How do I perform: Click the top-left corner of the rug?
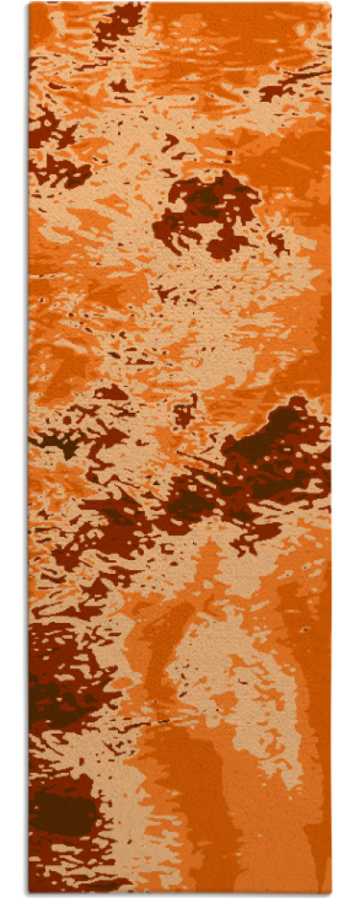pos(29,4)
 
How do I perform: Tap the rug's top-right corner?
pos(330,4)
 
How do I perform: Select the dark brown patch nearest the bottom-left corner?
pos(63,813)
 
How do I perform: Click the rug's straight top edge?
pos(179,4)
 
